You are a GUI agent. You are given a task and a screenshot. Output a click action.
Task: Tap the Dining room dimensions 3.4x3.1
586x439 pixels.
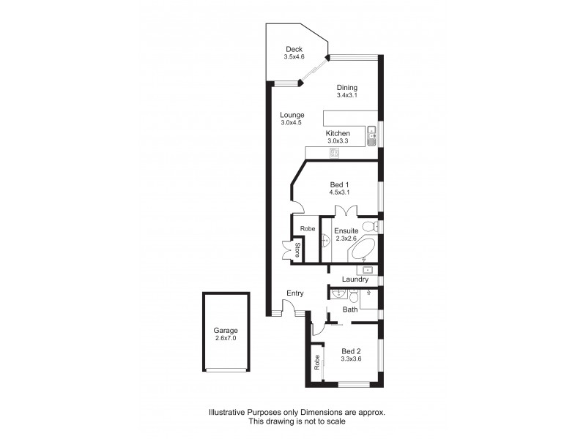[346, 95]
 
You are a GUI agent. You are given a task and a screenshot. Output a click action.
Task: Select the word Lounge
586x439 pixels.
[292, 115]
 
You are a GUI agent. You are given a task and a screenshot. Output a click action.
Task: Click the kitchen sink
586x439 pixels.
[371, 135]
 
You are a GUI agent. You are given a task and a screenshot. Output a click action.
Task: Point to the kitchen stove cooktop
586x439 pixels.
[335, 152]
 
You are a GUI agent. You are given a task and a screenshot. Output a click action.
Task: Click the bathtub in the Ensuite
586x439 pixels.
[363, 249]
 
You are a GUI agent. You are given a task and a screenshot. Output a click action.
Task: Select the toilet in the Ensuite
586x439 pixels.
[371, 225]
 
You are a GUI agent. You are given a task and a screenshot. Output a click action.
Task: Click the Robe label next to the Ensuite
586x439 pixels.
[305, 228]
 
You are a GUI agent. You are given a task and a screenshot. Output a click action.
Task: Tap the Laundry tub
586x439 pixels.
[370, 270]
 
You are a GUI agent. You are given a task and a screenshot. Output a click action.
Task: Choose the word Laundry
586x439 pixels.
[355, 279]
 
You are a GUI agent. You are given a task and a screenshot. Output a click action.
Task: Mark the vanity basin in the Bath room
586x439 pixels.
[338, 294]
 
